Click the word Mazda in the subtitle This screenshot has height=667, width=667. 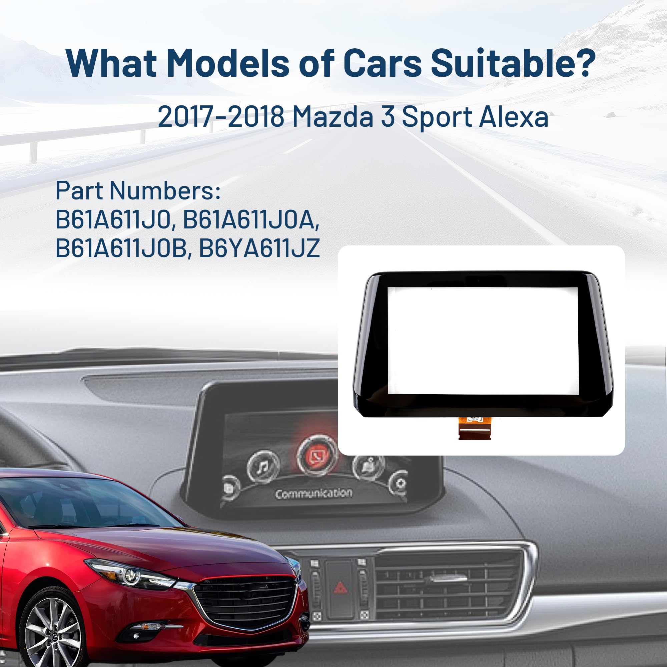(x=332, y=117)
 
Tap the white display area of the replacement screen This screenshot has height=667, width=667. (x=482, y=341)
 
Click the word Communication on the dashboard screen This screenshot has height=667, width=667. (x=313, y=493)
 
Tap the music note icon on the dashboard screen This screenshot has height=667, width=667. (x=263, y=467)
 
